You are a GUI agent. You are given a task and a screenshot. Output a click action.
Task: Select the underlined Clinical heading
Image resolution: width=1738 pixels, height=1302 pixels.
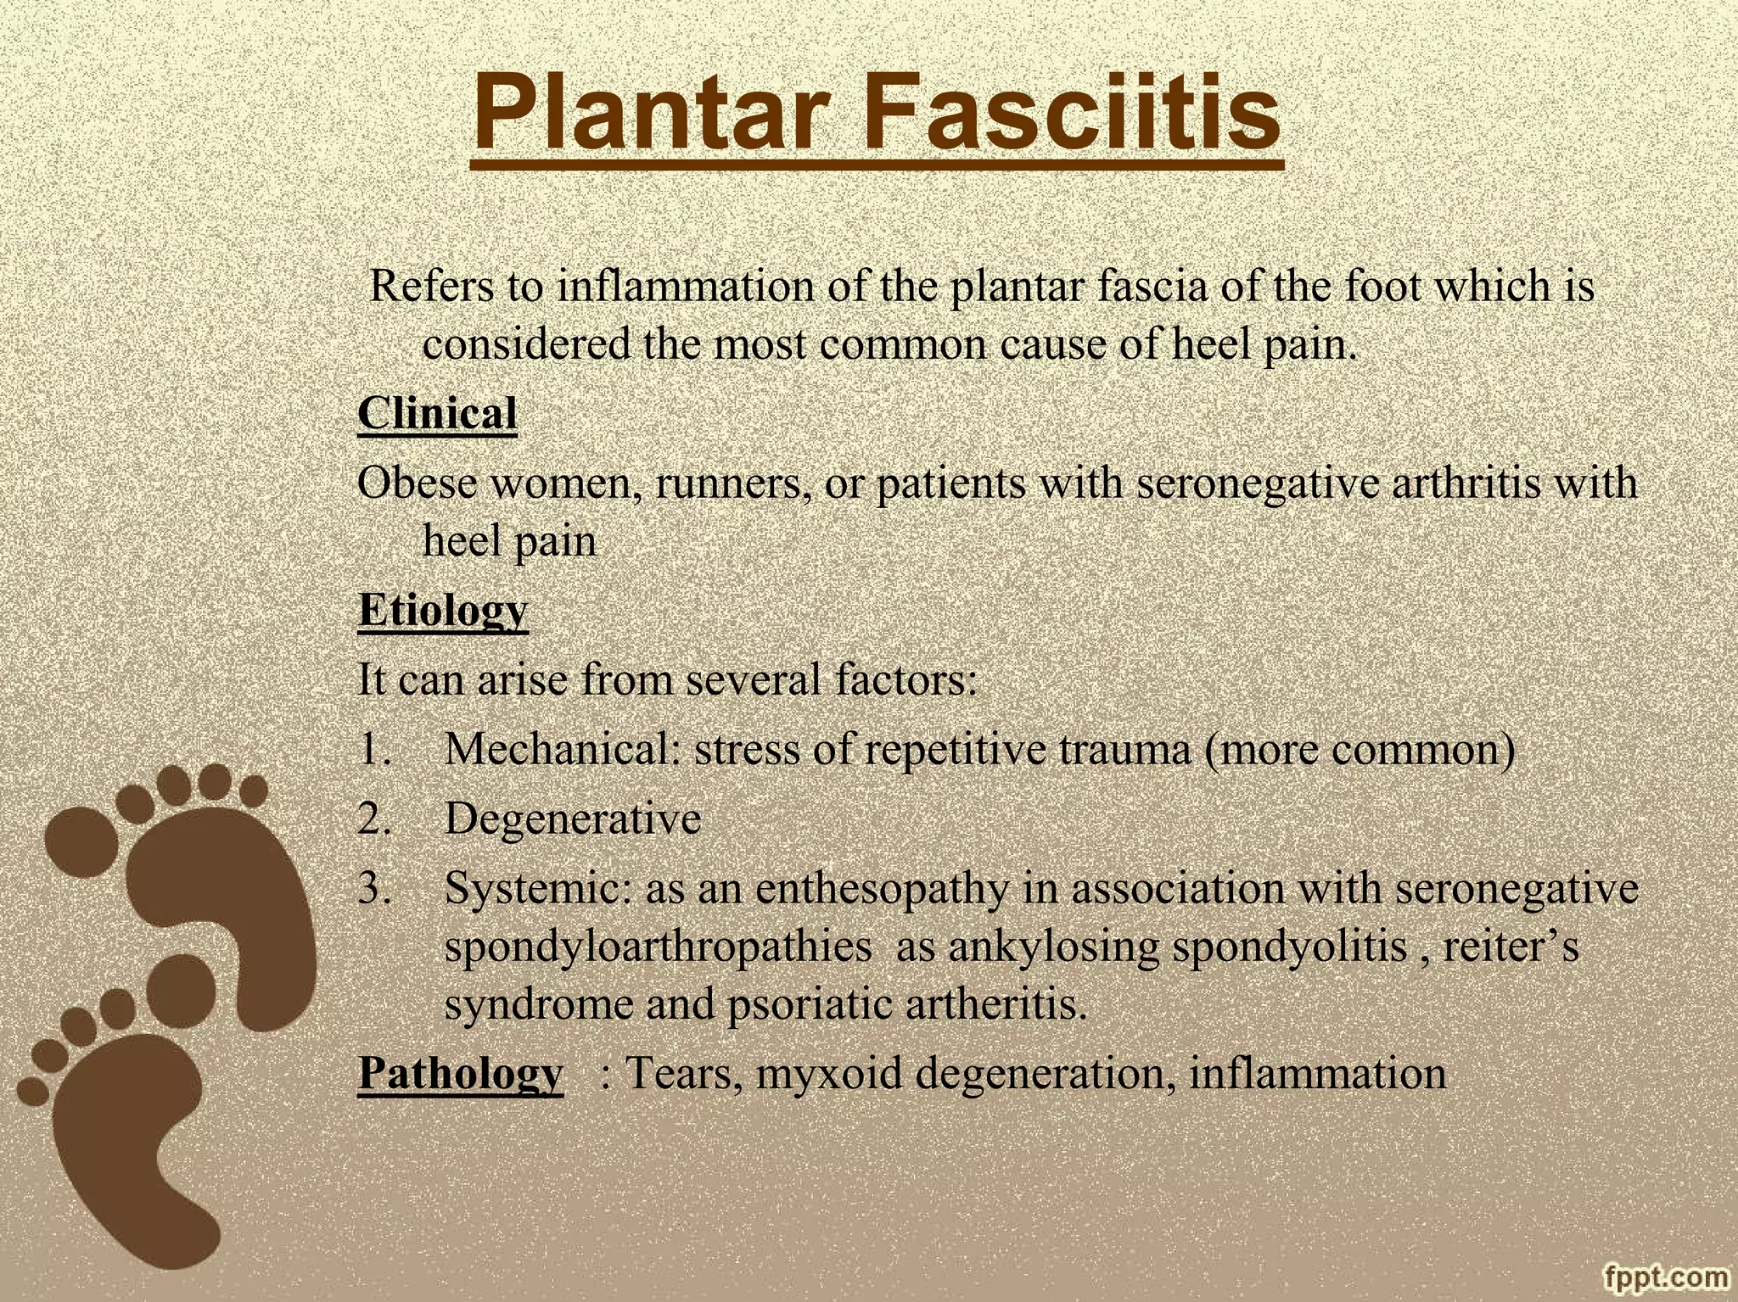click(x=437, y=414)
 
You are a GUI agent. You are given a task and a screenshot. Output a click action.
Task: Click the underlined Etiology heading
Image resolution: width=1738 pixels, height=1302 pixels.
click(x=442, y=610)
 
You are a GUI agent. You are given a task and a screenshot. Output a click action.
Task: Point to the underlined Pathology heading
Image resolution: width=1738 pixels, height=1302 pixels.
click(x=460, y=1073)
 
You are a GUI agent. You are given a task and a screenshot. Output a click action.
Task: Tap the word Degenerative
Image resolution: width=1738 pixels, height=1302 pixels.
click(x=573, y=819)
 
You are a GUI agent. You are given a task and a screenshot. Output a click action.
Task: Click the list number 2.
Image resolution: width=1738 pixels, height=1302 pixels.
click(x=373, y=819)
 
